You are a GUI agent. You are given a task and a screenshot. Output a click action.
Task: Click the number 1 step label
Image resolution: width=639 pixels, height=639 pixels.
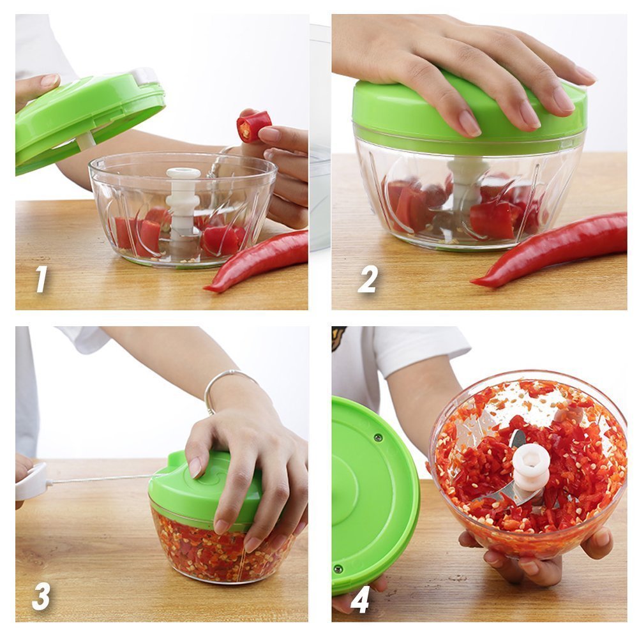coord(41,279)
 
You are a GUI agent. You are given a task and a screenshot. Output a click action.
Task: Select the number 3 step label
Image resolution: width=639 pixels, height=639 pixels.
coord(41,596)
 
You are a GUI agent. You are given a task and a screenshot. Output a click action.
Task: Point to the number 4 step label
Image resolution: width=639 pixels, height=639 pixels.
coord(360,599)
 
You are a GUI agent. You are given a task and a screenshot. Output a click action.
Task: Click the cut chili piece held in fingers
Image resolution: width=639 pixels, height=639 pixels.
coord(253,126)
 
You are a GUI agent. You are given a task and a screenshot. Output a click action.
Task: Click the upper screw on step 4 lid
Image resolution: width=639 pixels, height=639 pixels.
coord(377,437)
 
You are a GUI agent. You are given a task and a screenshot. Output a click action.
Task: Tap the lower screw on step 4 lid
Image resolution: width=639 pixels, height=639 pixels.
coord(337,568)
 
